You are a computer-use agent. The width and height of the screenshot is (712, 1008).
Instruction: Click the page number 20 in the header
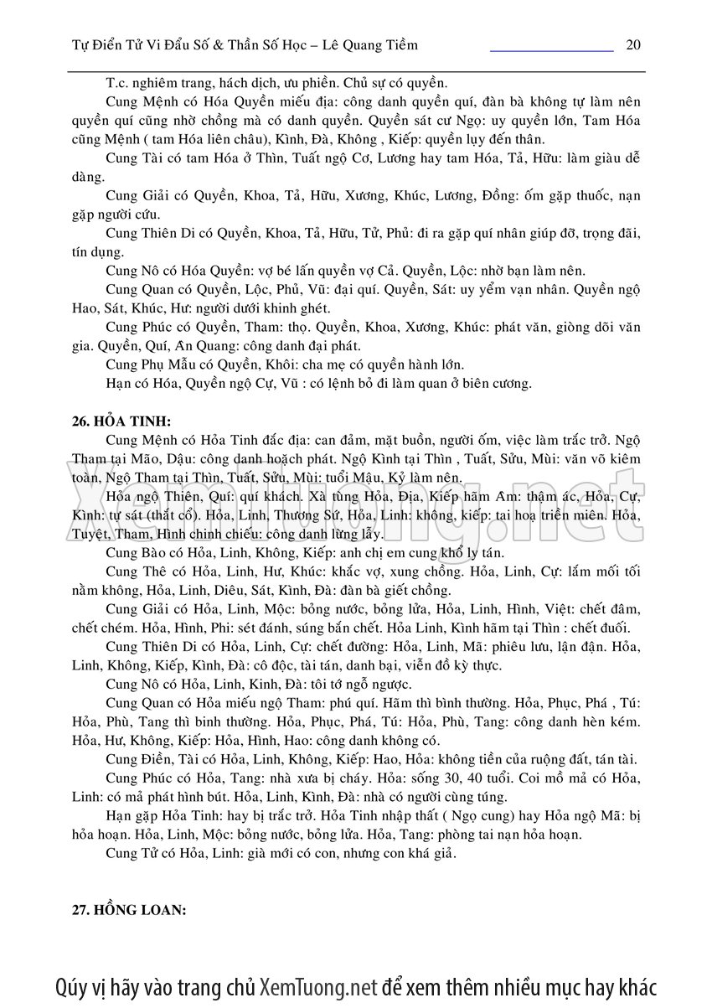pos(633,45)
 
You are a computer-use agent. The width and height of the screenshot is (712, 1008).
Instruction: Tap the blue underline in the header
pos(551,51)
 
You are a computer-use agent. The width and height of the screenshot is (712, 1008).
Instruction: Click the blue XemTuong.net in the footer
pos(319,985)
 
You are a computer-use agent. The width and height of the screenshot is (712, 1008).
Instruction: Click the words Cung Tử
pos(132,855)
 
